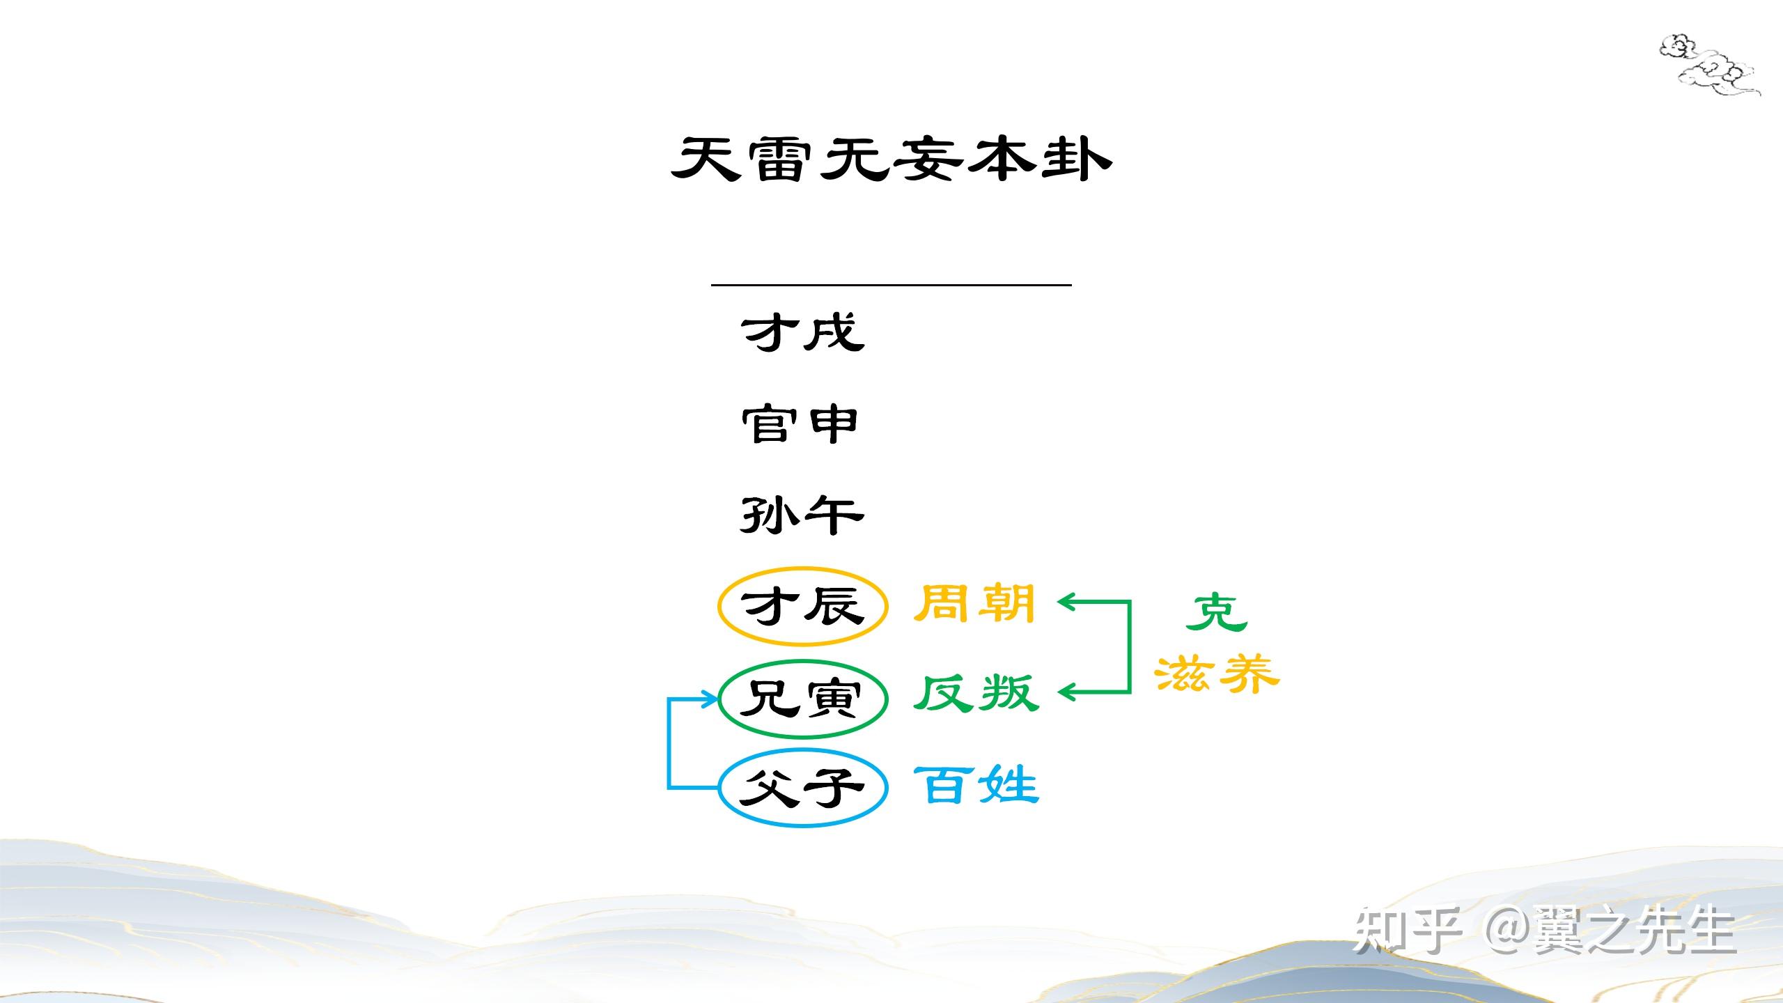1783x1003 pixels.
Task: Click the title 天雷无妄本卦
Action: pyautogui.click(x=891, y=159)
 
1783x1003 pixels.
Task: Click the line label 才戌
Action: pyautogui.click(x=802, y=332)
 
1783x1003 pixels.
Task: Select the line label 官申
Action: pyautogui.click(x=800, y=424)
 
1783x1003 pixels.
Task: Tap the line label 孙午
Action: pyautogui.click(x=802, y=516)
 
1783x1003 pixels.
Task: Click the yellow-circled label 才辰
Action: pyautogui.click(x=802, y=606)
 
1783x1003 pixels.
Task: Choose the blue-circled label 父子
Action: pyautogui.click(x=802, y=788)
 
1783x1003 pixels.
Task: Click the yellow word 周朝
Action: pyautogui.click(x=974, y=603)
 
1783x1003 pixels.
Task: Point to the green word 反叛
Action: pyautogui.click(x=976, y=694)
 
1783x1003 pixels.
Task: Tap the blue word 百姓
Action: pyautogui.click(x=976, y=785)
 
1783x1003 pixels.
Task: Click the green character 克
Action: pyautogui.click(x=1216, y=613)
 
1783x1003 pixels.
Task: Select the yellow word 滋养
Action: pyautogui.click(x=1217, y=674)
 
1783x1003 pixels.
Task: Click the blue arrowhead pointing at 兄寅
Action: pyautogui.click(x=709, y=699)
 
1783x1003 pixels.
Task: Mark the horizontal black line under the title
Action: pyautogui.click(x=891, y=285)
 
